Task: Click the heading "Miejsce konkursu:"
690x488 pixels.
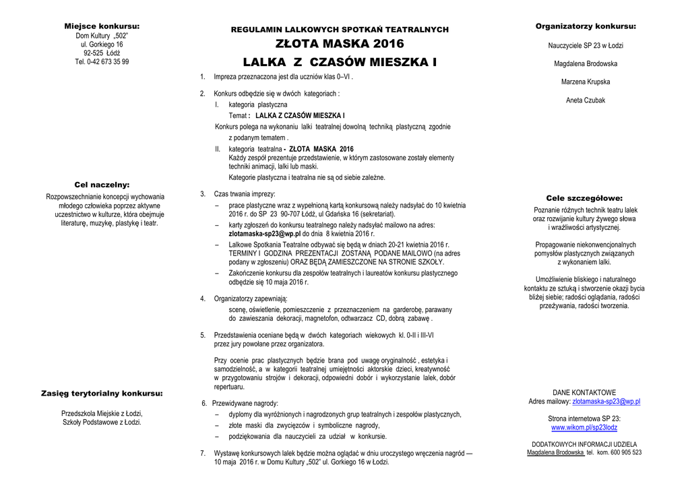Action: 102,26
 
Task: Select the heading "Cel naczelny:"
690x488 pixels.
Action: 102,184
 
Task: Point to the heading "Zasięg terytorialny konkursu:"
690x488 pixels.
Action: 102,393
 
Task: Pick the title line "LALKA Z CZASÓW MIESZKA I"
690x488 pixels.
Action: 340,62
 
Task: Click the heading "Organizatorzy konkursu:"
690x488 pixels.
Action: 586,26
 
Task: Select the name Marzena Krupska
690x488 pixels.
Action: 586,82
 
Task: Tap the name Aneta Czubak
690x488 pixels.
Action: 586,100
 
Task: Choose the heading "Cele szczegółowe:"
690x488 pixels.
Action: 584,198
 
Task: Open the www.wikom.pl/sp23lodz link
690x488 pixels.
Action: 584,427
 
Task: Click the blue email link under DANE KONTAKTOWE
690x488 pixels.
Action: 606,401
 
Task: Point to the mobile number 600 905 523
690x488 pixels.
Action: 627,453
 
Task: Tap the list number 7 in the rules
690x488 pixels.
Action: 202,453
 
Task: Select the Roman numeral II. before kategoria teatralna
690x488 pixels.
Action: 218,149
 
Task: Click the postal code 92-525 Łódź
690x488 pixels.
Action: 102,53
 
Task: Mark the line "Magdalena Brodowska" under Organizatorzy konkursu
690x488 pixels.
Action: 586,63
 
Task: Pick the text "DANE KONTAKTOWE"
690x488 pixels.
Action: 584,392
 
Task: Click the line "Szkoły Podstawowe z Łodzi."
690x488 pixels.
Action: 102,422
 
